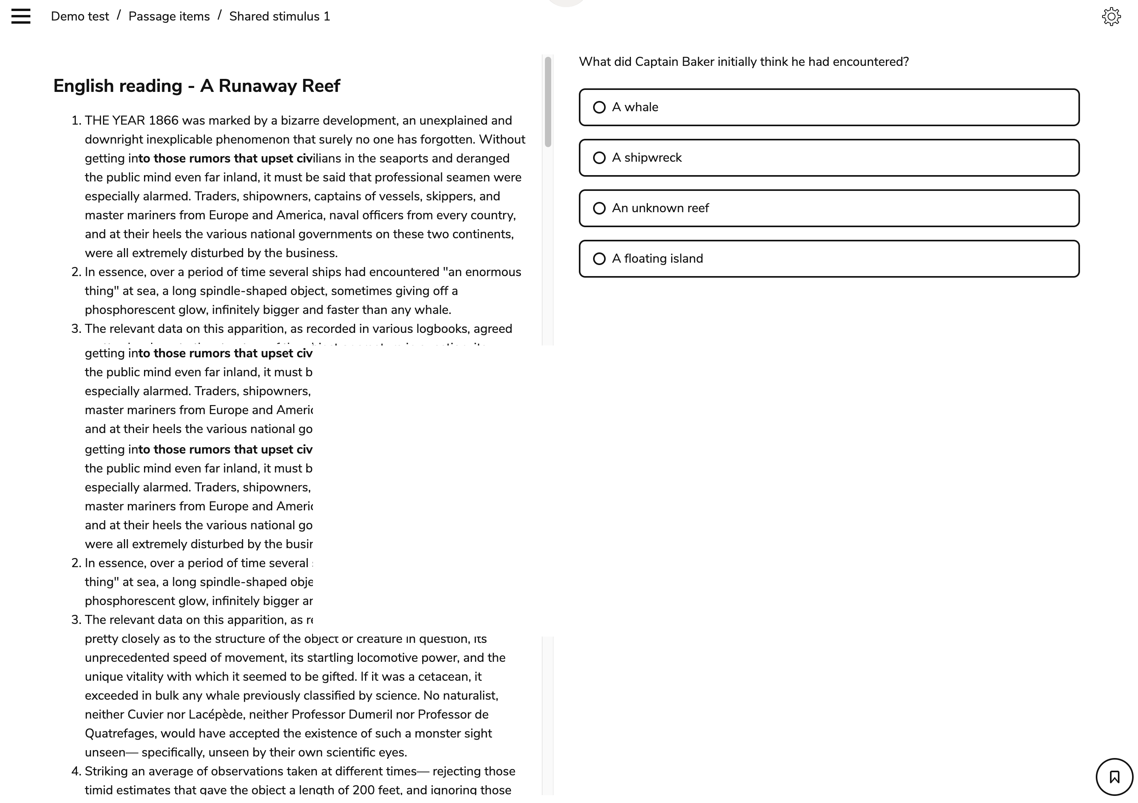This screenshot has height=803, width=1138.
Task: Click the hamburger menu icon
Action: pyautogui.click(x=21, y=16)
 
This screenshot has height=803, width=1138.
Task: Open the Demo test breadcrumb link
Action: pyautogui.click(x=80, y=16)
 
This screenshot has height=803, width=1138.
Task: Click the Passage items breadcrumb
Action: pyautogui.click(x=169, y=16)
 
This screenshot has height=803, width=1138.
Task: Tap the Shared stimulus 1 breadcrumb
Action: pyautogui.click(x=279, y=16)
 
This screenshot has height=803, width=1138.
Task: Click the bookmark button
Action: pyautogui.click(x=1114, y=777)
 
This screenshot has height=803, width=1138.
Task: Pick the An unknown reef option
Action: pyautogui.click(x=829, y=209)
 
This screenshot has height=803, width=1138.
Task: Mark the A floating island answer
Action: pyautogui.click(x=829, y=259)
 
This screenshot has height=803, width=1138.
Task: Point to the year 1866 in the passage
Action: pyautogui.click(x=164, y=121)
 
